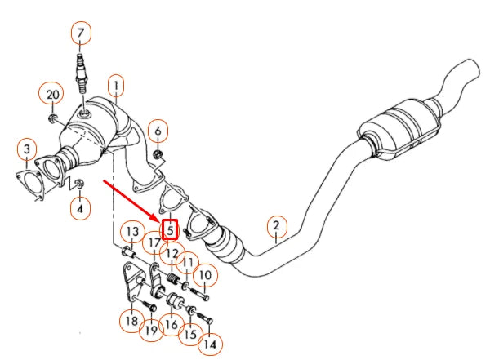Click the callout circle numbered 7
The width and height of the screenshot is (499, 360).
[x=80, y=33]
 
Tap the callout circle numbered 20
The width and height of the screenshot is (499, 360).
[x=53, y=95]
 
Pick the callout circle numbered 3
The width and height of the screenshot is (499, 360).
[x=27, y=149]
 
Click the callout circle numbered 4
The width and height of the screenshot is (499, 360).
[x=80, y=209]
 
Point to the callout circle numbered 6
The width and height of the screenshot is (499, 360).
[x=158, y=130]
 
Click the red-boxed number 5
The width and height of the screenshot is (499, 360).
[x=170, y=230]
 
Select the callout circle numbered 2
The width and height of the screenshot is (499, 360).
[x=276, y=226]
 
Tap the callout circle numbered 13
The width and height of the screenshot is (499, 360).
[x=133, y=233]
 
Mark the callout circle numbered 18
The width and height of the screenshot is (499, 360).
[x=131, y=320]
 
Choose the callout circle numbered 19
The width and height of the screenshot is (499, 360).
[x=151, y=330]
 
